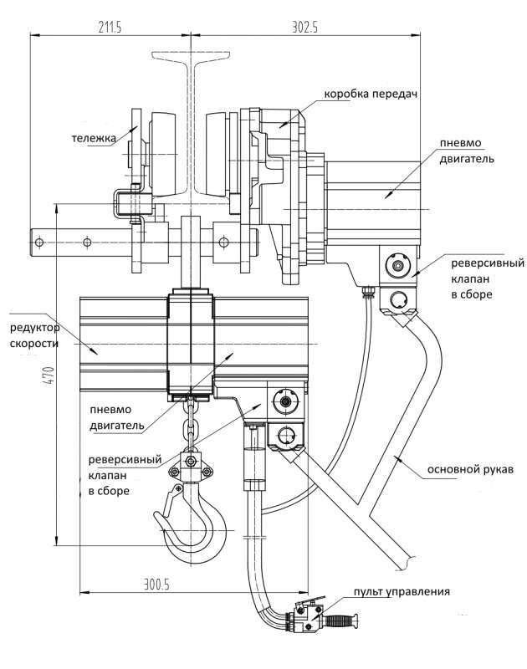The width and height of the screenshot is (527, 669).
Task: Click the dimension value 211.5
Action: (110, 28)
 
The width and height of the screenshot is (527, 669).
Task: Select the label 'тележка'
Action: (93, 140)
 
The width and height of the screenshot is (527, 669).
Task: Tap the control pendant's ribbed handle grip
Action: (343, 622)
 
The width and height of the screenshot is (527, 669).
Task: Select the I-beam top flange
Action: (191, 57)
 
